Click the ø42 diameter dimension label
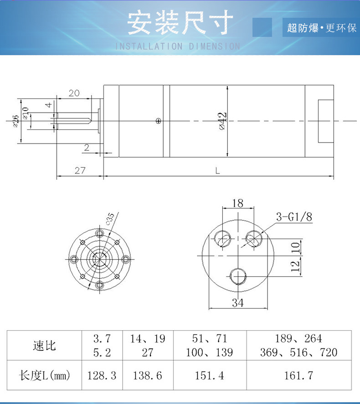pyautogui.click(x=223, y=121)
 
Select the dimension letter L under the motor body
pyautogui.click(x=218, y=170)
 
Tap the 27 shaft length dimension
pyautogui.click(x=80, y=170)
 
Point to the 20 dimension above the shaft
pyautogui.click(x=74, y=93)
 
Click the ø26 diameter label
pyautogui.click(x=15, y=121)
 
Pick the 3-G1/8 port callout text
pyautogui.click(x=294, y=217)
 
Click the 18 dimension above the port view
pyautogui.click(x=237, y=203)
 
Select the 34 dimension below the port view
pyautogui.click(x=237, y=302)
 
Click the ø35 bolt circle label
pyautogui.click(x=110, y=219)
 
